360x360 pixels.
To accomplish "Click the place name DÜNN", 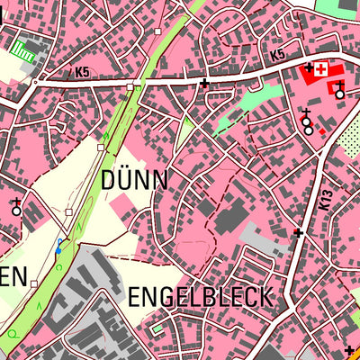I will click(x=135, y=179).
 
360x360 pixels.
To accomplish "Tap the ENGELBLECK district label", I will click(x=200, y=297).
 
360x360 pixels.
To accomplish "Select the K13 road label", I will click(x=326, y=200).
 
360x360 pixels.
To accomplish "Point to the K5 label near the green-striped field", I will click(x=83, y=71).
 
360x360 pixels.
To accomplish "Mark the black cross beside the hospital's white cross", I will click(x=309, y=67).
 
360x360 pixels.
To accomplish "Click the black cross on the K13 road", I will click(x=298, y=233).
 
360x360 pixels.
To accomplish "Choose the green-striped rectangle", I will click(x=26, y=56).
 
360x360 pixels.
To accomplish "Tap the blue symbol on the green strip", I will click(x=59, y=246).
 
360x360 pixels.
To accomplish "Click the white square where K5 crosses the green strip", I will click(x=130, y=87).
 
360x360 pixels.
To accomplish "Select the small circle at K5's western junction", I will click(x=35, y=82).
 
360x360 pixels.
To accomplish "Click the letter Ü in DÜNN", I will click(x=123, y=179).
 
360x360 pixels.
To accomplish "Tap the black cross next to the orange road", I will click(x=348, y=350).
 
